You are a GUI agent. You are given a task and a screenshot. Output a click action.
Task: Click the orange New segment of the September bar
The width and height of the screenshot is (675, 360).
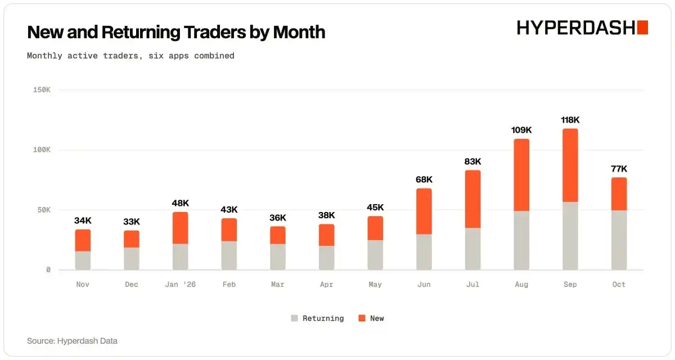click(x=570, y=165)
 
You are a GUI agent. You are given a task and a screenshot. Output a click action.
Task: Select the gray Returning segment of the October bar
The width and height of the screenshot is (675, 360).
click(x=619, y=240)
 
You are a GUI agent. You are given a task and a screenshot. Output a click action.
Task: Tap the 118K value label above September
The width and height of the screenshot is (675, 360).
click(x=570, y=120)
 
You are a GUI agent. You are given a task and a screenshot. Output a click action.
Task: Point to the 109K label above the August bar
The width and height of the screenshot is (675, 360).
click(x=521, y=130)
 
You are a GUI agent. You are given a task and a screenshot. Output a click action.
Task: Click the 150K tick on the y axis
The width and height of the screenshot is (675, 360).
click(x=42, y=90)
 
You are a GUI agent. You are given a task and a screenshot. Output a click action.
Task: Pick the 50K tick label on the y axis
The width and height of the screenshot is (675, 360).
click(x=44, y=210)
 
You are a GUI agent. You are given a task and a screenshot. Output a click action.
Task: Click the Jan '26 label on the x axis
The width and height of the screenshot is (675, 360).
click(x=180, y=285)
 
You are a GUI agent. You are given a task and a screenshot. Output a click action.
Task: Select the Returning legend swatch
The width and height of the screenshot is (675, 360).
click(x=294, y=318)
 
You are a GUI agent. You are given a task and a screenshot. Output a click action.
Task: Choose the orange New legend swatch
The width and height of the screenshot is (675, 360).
click(x=362, y=318)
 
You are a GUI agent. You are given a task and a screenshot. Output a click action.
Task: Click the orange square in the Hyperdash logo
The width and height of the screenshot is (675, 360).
click(x=642, y=28)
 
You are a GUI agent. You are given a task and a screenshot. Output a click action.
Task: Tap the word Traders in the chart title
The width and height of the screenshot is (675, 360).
click(x=215, y=32)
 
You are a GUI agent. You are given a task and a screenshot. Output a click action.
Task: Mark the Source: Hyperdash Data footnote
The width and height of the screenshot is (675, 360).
click(x=72, y=341)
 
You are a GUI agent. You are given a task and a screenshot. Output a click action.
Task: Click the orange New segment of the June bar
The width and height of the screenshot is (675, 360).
click(x=424, y=211)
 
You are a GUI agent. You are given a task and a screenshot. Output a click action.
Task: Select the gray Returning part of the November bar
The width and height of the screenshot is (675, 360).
click(x=83, y=260)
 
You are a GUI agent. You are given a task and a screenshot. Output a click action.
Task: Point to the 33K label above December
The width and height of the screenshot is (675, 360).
click(x=132, y=222)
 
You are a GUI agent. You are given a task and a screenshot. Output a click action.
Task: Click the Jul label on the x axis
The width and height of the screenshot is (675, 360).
click(x=472, y=285)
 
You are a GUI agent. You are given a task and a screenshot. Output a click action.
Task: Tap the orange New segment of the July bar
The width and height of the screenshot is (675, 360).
click(x=473, y=199)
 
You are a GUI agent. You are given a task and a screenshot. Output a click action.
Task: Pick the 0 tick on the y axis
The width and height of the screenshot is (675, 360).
click(x=48, y=269)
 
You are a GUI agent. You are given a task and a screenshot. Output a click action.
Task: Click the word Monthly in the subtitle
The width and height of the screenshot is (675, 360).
click(x=44, y=56)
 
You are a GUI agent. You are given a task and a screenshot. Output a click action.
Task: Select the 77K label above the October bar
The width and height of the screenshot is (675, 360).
click(x=619, y=169)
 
